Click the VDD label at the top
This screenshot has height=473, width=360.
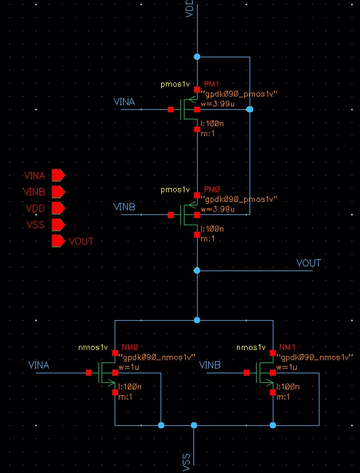[x=190, y=11]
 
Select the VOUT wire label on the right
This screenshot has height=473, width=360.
[x=308, y=263]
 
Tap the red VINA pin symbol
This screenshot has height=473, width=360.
[x=58, y=176]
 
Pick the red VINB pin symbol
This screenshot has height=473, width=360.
[x=58, y=192]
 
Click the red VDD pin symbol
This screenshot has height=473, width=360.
[x=58, y=208]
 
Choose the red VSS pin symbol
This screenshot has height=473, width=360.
[x=58, y=225]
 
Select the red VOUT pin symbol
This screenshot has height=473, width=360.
[x=58, y=241]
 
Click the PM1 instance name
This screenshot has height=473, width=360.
[x=212, y=86]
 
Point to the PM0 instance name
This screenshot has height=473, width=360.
[x=212, y=189]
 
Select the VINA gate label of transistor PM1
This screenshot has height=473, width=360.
[x=124, y=102]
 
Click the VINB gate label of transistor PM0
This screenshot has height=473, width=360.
[x=124, y=207]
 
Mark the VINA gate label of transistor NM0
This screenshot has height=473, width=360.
[x=39, y=364]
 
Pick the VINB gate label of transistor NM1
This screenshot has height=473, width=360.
[x=210, y=364]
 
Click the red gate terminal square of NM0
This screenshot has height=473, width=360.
[x=88, y=373]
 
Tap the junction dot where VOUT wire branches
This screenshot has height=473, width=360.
[x=196, y=270]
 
